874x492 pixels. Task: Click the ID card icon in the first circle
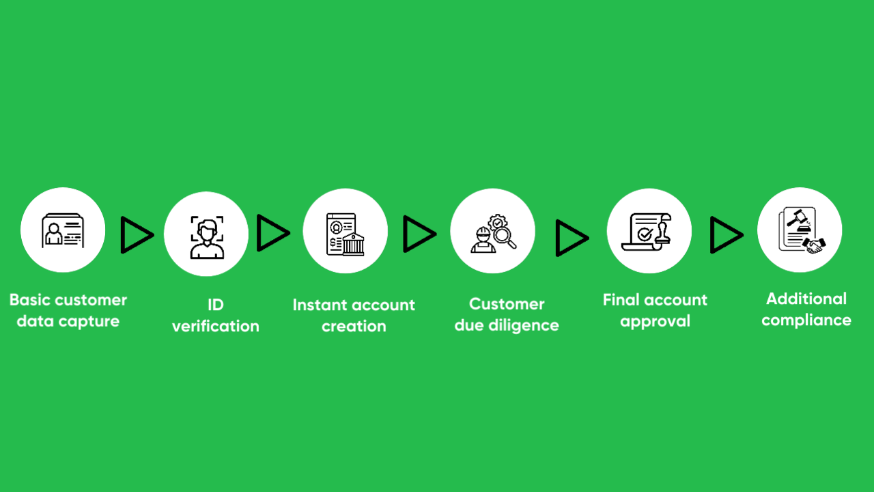click(63, 230)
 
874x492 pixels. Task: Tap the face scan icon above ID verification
click(207, 237)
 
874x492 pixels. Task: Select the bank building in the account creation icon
click(354, 244)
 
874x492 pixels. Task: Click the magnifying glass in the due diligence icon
click(504, 237)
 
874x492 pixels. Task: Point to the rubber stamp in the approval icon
click(662, 234)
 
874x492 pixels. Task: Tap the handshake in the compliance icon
click(815, 245)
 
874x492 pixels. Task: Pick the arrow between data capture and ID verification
click(137, 235)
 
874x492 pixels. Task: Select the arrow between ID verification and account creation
click(273, 233)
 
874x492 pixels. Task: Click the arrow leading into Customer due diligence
click(419, 234)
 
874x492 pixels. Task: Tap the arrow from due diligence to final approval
click(572, 238)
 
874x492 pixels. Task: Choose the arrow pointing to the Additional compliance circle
click(727, 235)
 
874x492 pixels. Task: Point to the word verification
click(216, 326)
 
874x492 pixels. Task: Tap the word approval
click(655, 322)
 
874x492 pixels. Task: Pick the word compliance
click(806, 320)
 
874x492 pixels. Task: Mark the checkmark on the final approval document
click(645, 234)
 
